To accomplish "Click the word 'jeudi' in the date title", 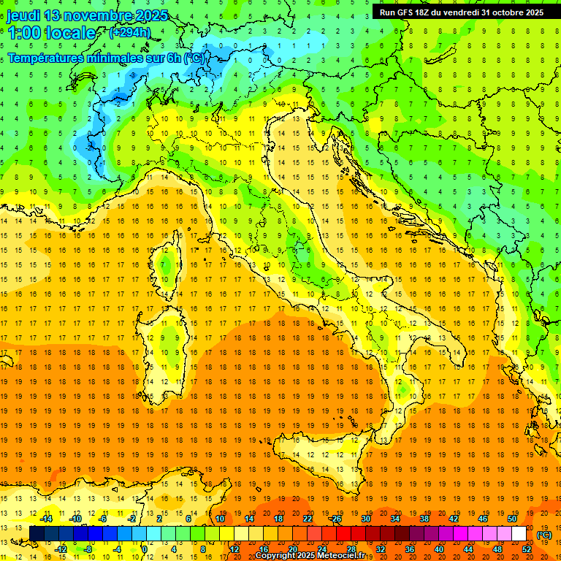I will (x=24, y=15).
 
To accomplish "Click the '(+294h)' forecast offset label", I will (x=131, y=33).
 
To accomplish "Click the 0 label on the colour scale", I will (x=145, y=549).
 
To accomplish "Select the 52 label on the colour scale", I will (x=527, y=549).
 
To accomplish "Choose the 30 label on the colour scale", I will (x=365, y=519).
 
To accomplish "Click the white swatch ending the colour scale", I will (x=519, y=534).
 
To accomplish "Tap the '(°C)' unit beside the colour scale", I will (x=544, y=535).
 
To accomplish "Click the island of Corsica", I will (x=167, y=263).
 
